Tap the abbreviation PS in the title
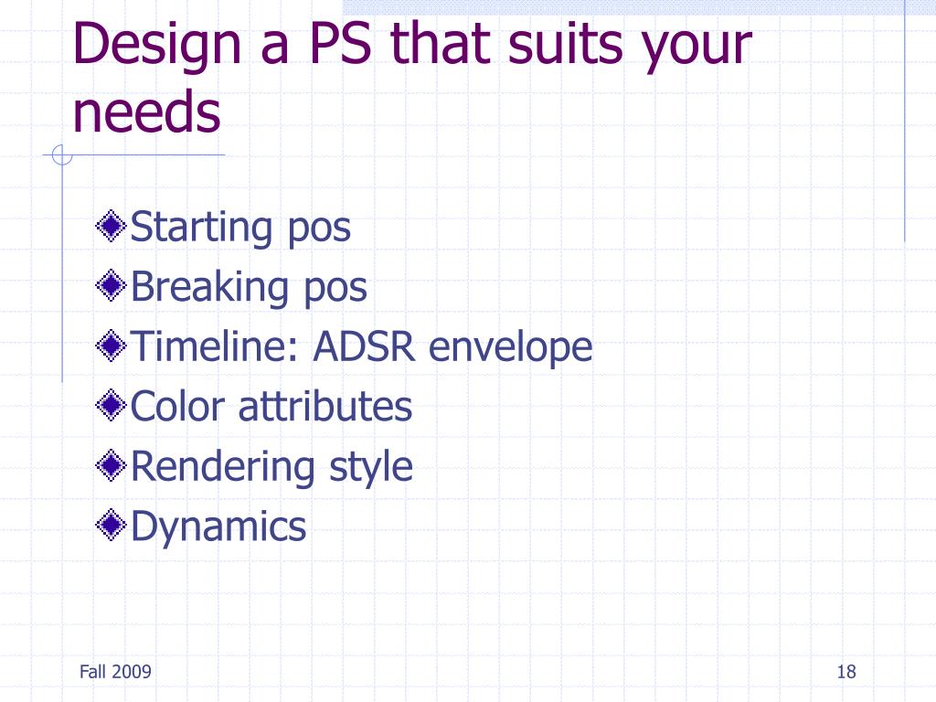340,43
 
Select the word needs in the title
147,111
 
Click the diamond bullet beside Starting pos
111,227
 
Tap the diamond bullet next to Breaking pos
111,286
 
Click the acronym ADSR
364,346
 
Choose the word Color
178,406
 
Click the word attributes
325,406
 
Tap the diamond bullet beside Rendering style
111,465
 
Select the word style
371,467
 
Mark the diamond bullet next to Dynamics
111,526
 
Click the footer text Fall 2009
115,672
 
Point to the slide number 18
846,672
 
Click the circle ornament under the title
61,155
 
